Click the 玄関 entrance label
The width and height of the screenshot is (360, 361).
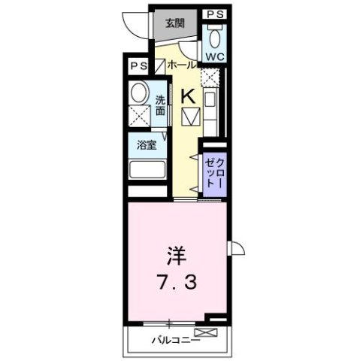(x=174, y=23)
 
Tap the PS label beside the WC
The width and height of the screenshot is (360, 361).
(x=215, y=14)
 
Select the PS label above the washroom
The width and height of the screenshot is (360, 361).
(x=138, y=65)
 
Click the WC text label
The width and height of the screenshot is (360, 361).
(x=214, y=57)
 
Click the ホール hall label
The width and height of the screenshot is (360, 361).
(x=183, y=65)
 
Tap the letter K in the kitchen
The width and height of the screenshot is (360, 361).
(x=189, y=96)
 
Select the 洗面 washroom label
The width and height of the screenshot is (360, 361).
(x=161, y=107)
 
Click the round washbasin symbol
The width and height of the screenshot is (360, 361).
(x=139, y=93)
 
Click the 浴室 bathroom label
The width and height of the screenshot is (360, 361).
(x=147, y=144)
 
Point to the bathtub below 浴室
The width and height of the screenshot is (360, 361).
(x=147, y=168)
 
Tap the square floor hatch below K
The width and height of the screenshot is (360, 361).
(x=190, y=117)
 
